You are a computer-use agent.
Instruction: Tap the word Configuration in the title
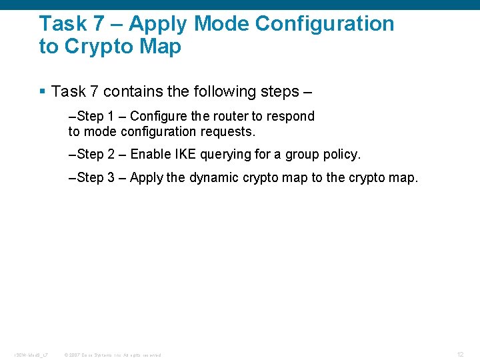(x=325, y=24)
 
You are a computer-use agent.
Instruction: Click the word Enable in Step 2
(x=150, y=155)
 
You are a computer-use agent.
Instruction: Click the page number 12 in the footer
(x=460, y=354)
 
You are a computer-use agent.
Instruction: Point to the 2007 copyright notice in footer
(x=113, y=355)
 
